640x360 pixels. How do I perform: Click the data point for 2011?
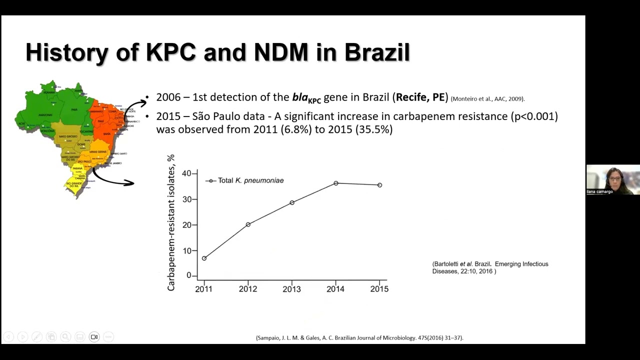pyautogui.click(x=204, y=258)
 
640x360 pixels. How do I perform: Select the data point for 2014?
pyautogui.click(x=336, y=183)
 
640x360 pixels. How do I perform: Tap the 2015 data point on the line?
pyautogui.click(x=380, y=185)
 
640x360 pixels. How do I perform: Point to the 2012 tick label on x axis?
pyautogui.click(x=248, y=289)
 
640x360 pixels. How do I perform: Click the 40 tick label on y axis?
pyautogui.click(x=186, y=173)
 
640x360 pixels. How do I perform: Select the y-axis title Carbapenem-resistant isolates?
pyautogui.click(x=171, y=222)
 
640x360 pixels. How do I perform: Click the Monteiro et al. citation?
pyautogui.click(x=487, y=99)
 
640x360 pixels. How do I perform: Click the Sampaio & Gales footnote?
pyautogui.click(x=359, y=338)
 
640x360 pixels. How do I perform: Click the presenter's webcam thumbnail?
pyautogui.click(x=613, y=179)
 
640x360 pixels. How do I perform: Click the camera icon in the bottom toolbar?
pyautogui.click(x=94, y=337)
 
